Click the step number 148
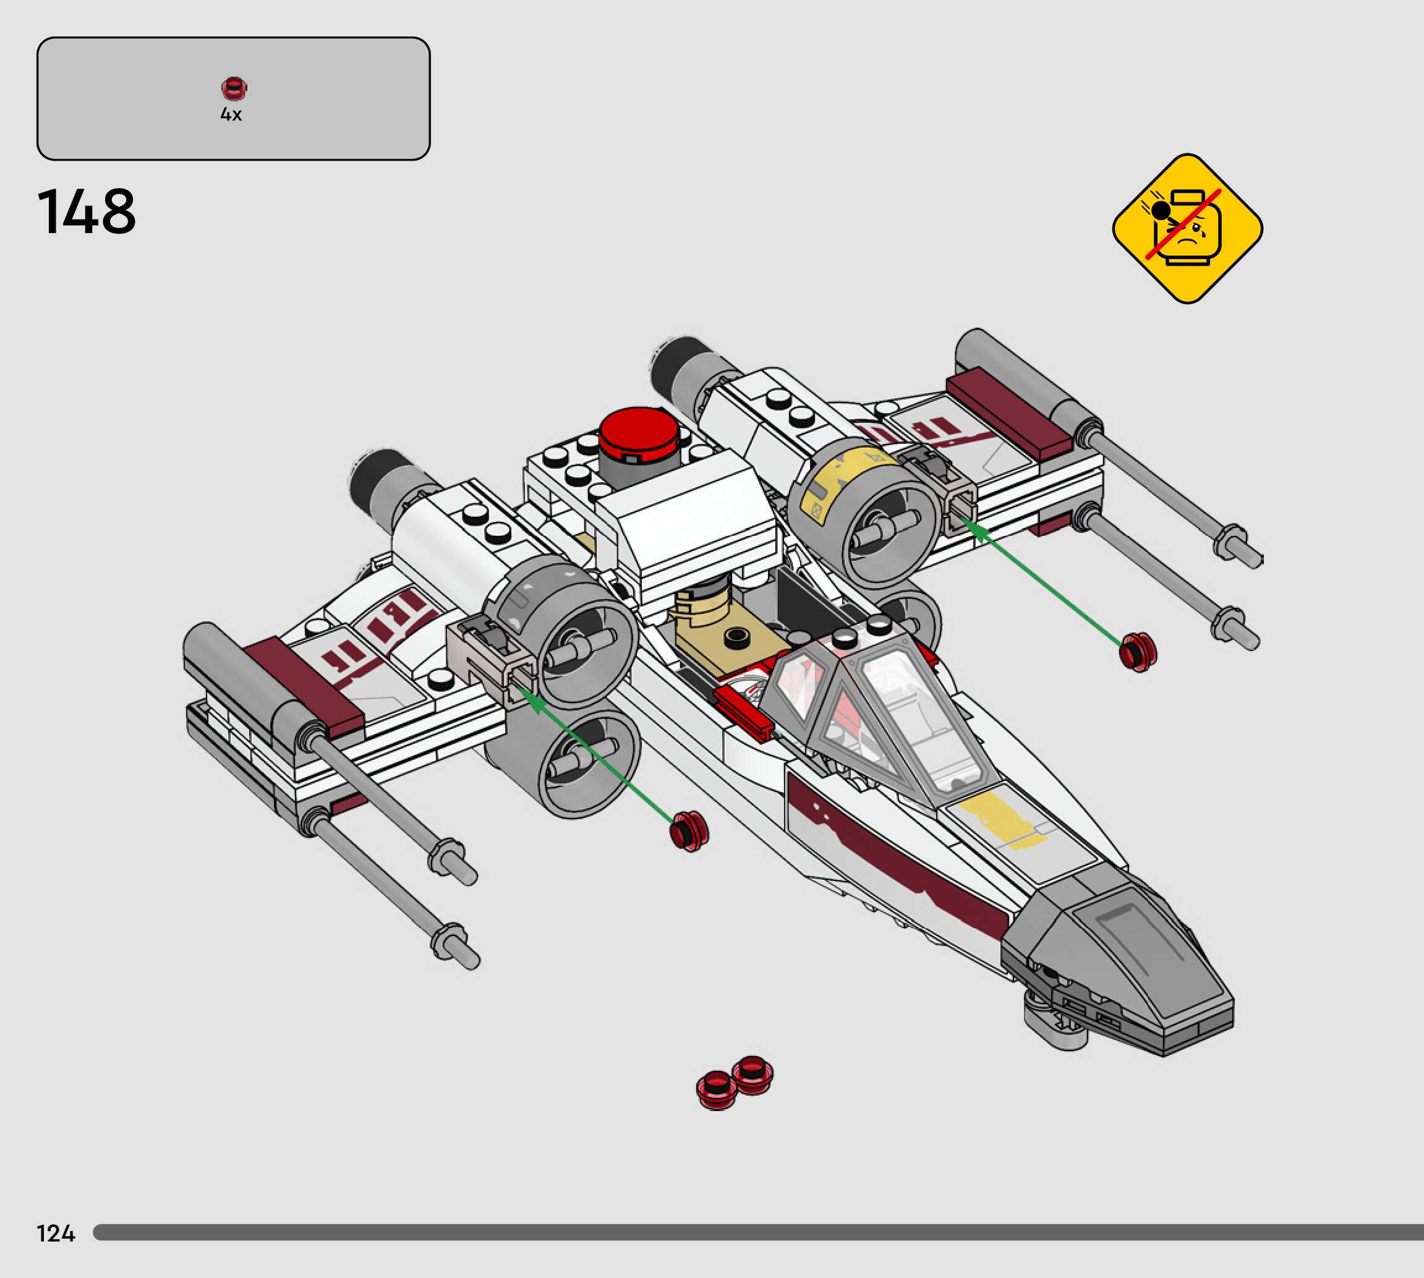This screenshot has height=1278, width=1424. (x=87, y=211)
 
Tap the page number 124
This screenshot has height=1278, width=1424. (x=56, y=1233)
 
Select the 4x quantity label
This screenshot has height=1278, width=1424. (x=231, y=114)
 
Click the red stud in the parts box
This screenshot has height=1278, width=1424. (x=234, y=88)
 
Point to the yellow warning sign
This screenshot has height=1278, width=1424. (x=1187, y=228)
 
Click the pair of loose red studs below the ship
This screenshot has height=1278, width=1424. (x=735, y=1082)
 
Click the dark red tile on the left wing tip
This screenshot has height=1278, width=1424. (x=304, y=684)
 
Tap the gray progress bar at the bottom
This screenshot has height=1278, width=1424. (x=758, y=1232)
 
